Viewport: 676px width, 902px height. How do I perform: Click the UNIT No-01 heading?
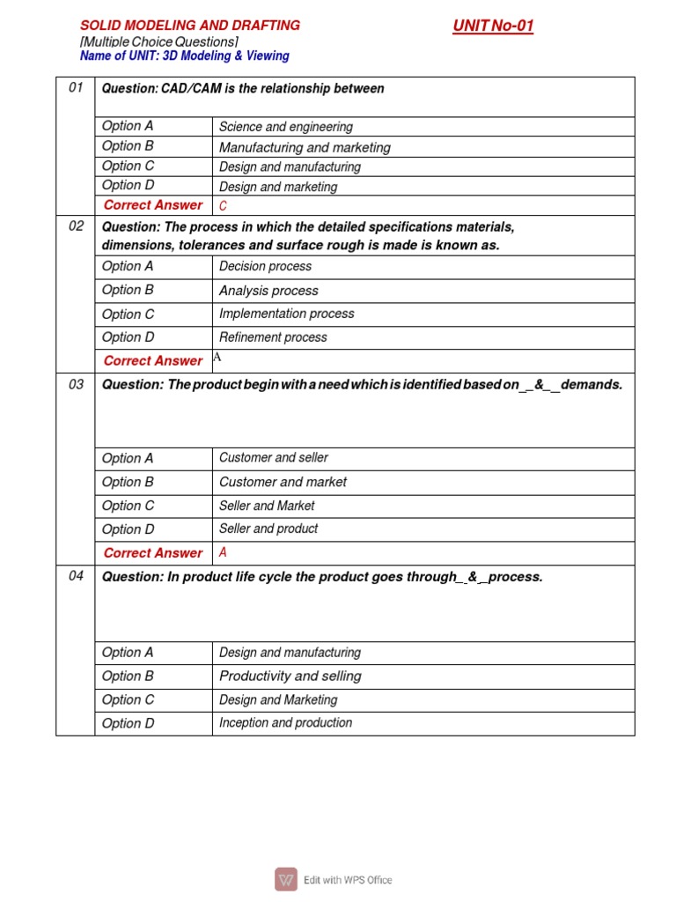[x=493, y=26]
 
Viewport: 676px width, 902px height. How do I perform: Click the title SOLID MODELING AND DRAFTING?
[x=190, y=26]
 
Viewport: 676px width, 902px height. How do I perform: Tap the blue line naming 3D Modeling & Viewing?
[x=184, y=55]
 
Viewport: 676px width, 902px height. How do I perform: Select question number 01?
[x=76, y=88]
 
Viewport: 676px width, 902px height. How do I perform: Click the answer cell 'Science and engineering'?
[x=285, y=127]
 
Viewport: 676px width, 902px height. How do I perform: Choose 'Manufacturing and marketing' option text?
[x=305, y=147]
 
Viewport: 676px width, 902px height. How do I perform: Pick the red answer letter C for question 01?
[x=223, y=206]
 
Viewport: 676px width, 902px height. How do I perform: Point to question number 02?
[x=76, y=226]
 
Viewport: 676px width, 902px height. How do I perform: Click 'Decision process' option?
[x=265, y=266]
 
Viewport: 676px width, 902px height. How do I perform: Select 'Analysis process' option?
[x=268, y=291]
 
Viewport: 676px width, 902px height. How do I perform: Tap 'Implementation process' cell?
[x=286, y=314]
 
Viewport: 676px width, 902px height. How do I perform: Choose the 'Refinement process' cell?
[x=273, y=337]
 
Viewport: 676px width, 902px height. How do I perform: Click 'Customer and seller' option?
[x=274, y=458]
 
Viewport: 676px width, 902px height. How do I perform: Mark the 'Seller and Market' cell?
[x=267, y=506]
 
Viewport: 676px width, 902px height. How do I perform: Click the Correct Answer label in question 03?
[x=153, y=553]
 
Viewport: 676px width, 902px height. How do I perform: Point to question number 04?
[x=76, y=577]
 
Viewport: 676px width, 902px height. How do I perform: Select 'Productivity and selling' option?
[x=290, y=676]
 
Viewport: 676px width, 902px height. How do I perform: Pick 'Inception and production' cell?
[x=285, y=723]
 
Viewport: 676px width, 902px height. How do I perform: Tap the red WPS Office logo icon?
[x=286, y=879]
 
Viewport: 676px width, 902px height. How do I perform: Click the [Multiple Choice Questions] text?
[x=159, y=41]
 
